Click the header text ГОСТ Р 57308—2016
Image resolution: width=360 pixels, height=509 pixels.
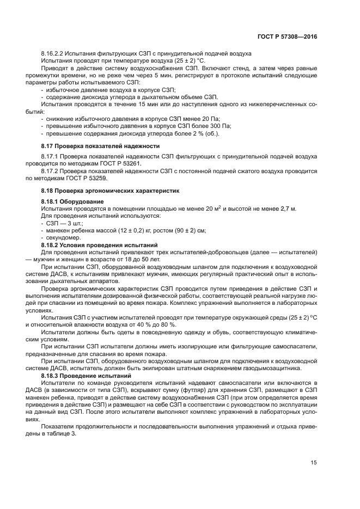pos(287,36)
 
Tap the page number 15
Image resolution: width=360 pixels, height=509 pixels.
pos(313,463)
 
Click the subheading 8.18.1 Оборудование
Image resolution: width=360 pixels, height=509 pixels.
pos(69,201)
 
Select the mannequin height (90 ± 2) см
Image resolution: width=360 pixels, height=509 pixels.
pos(181,231)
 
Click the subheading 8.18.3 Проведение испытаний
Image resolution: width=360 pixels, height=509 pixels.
pos(86,376)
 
